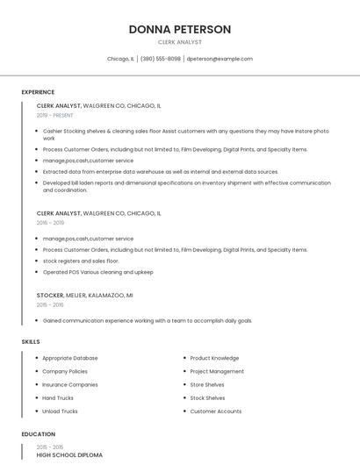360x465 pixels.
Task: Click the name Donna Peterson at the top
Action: tap(179, 29)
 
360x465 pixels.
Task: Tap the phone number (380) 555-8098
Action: tap(161, 59)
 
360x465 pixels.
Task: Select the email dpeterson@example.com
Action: tap(220, 59)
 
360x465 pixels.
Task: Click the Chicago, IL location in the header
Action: tap(120, 59)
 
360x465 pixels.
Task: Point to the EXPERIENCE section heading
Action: tap(38, 92)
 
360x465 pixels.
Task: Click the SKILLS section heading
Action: tap(31, 341)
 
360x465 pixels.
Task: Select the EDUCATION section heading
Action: tap(39, 434)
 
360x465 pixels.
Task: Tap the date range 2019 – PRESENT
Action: tap(55, 115)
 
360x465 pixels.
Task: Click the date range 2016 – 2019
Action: tap(50, 223)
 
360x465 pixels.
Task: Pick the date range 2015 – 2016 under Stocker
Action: tap(50, 304)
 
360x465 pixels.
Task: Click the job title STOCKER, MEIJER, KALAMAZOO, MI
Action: tap(85, 296)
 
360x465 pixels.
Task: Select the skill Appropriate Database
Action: tap(70, 358)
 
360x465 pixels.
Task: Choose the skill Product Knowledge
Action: tap(214, 358)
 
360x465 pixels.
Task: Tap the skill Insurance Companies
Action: tap(70, 384)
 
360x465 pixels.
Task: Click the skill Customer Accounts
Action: tap(216, 411)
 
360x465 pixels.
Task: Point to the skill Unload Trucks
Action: tap(60, 411)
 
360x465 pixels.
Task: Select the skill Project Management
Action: tap(217, 371)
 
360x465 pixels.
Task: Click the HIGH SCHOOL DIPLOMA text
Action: tap(69, 455)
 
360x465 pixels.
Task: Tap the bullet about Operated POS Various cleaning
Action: tap(97, 272)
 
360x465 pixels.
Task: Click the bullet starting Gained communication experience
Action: tap(148, 320)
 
